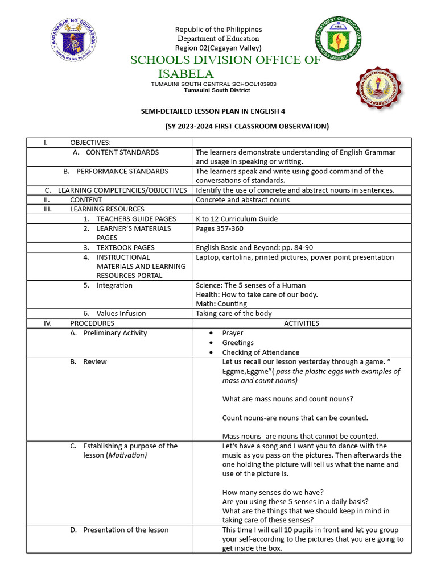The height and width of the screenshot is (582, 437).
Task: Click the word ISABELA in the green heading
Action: click(x=185, y=74)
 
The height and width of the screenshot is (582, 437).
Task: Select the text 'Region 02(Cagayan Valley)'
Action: click(x=218, y=48)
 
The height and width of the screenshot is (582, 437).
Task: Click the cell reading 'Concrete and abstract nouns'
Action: click(x=242, y=199)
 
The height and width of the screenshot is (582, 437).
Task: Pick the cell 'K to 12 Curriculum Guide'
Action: click(x=237, y=219)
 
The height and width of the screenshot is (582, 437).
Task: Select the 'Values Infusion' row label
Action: click(x=121, y=313)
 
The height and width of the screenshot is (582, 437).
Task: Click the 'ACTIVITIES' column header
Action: click(x=301, y=323)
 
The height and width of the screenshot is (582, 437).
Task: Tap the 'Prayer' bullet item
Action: click(x=232, y=333)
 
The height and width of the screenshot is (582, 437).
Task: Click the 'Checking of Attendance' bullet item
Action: click(x=261, y=352)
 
